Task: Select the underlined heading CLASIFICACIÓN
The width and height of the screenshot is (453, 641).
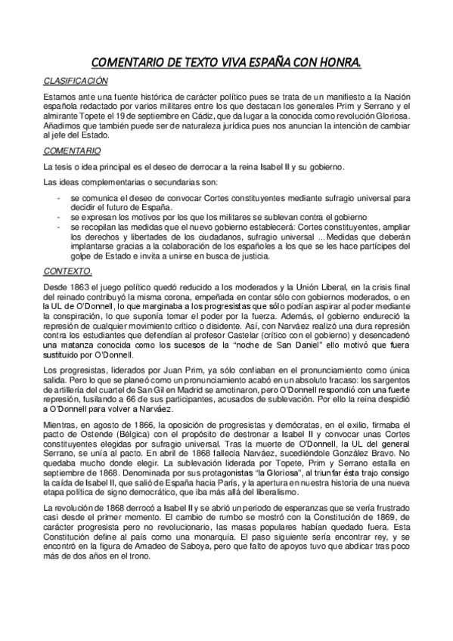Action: click(75, 80)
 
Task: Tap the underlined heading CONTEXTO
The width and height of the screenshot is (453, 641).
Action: click(67, 271)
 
